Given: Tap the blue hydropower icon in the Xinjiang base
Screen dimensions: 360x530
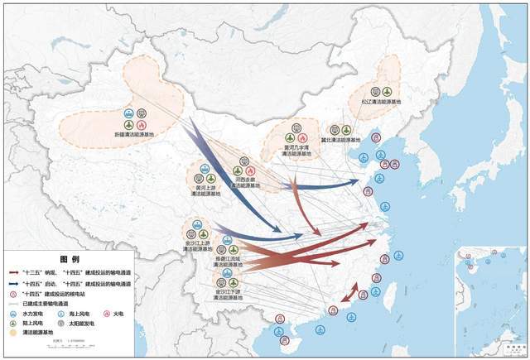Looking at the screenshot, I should pos(128,113).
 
